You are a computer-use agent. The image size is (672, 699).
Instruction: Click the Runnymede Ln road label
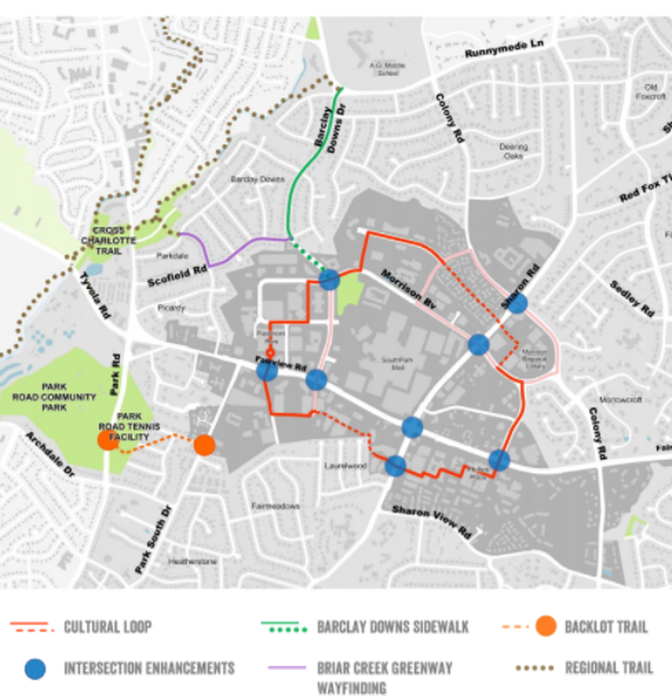tap(503, 49)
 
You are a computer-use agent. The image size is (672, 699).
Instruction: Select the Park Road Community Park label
tap(54, 397)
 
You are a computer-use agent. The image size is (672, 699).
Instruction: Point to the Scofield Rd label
tap(177, 275)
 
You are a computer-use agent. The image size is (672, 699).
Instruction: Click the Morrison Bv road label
tap(408, 288)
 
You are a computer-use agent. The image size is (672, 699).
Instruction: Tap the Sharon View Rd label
tap(432, 521)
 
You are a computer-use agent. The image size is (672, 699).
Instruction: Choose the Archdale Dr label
tap(50, 454)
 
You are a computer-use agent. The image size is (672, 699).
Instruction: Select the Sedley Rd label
tap(631, 298)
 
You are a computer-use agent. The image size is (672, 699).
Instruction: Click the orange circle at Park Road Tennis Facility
tap(108, 440)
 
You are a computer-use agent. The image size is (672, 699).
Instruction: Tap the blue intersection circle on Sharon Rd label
tap(517, 304)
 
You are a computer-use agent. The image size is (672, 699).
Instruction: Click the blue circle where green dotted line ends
tap(329, 279)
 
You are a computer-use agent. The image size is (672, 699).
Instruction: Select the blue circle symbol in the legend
tap(35, 668)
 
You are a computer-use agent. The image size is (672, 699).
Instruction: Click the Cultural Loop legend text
tap(107, 627)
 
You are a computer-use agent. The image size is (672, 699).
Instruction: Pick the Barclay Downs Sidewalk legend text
tap(393, 627)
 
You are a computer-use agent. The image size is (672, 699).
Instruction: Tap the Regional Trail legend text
tap(608, 668)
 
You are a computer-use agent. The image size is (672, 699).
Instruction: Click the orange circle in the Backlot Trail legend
tap(546, 627)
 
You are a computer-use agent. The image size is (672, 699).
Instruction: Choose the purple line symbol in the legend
tap(287, 668)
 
